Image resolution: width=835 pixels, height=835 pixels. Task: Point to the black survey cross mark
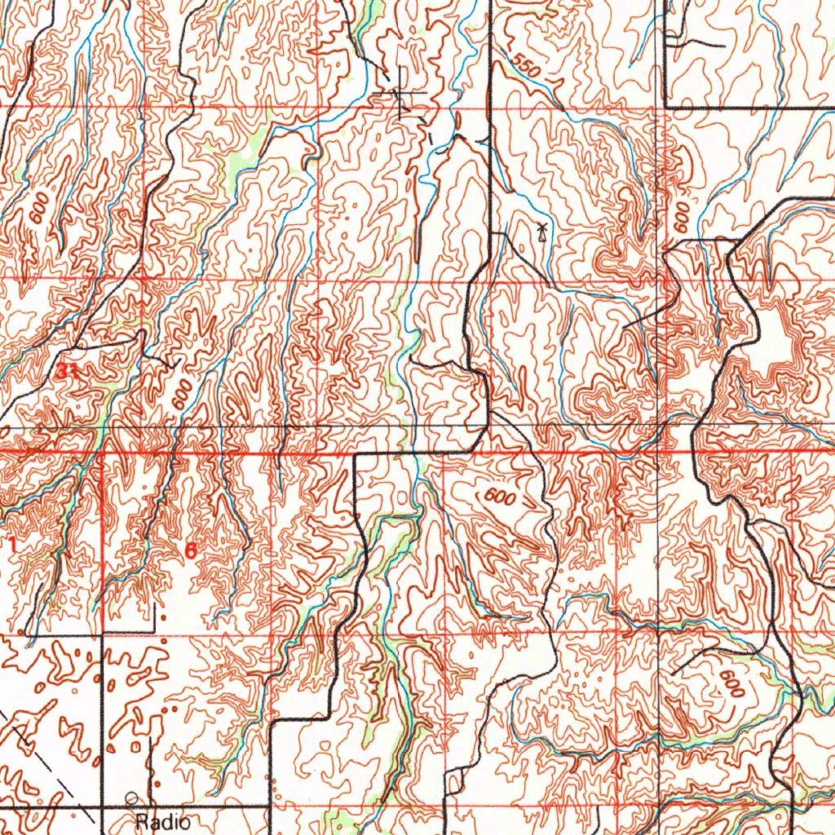(x=402, y=95)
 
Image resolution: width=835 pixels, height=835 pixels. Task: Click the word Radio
(x=163, y=821)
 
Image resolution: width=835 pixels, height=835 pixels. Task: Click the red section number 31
(x=68, y=373)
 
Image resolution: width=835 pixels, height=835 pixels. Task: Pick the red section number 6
(x=190, y=550)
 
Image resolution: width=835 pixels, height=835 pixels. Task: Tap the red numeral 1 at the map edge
(x=12, y=545)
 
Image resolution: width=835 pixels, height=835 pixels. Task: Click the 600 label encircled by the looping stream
(x=731, y=683)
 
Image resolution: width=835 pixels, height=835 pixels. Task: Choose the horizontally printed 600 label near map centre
(x=498, y=497)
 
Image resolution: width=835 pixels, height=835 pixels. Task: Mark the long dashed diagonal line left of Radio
(x=45, y=762)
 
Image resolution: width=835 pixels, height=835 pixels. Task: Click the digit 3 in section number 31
(x=64, y=373)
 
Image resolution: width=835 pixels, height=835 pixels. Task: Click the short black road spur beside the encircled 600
(x=693, y=656)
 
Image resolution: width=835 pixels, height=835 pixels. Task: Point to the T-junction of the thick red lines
(x=101, y=452)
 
